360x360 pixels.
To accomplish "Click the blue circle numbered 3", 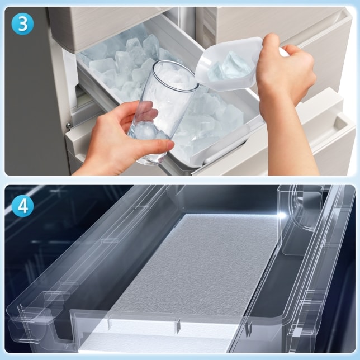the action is tap(22, 23).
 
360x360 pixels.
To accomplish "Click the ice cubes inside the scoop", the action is tap(230, 67).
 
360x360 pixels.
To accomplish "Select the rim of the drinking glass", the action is tap(176, 76).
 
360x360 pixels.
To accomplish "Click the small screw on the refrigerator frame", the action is tap(68, 125).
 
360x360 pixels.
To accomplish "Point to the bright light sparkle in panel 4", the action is tap(282, 215).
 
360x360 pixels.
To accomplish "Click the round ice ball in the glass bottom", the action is tap(145, 130).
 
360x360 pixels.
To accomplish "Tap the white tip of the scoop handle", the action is tap(284, 53).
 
